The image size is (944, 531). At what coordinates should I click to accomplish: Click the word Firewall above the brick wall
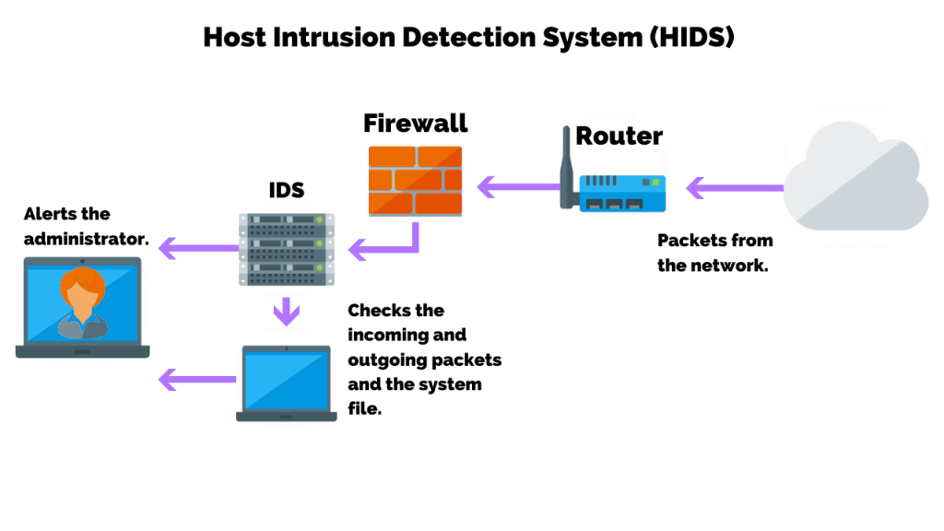[415, 123]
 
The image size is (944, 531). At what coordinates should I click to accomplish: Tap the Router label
[619, 136]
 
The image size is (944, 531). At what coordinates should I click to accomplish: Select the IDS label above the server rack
[286, 191]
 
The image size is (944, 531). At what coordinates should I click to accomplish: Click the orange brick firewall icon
[415, 181]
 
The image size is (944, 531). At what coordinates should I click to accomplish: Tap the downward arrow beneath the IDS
[287, 312]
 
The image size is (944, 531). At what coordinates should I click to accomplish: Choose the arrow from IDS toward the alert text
[198, 247]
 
